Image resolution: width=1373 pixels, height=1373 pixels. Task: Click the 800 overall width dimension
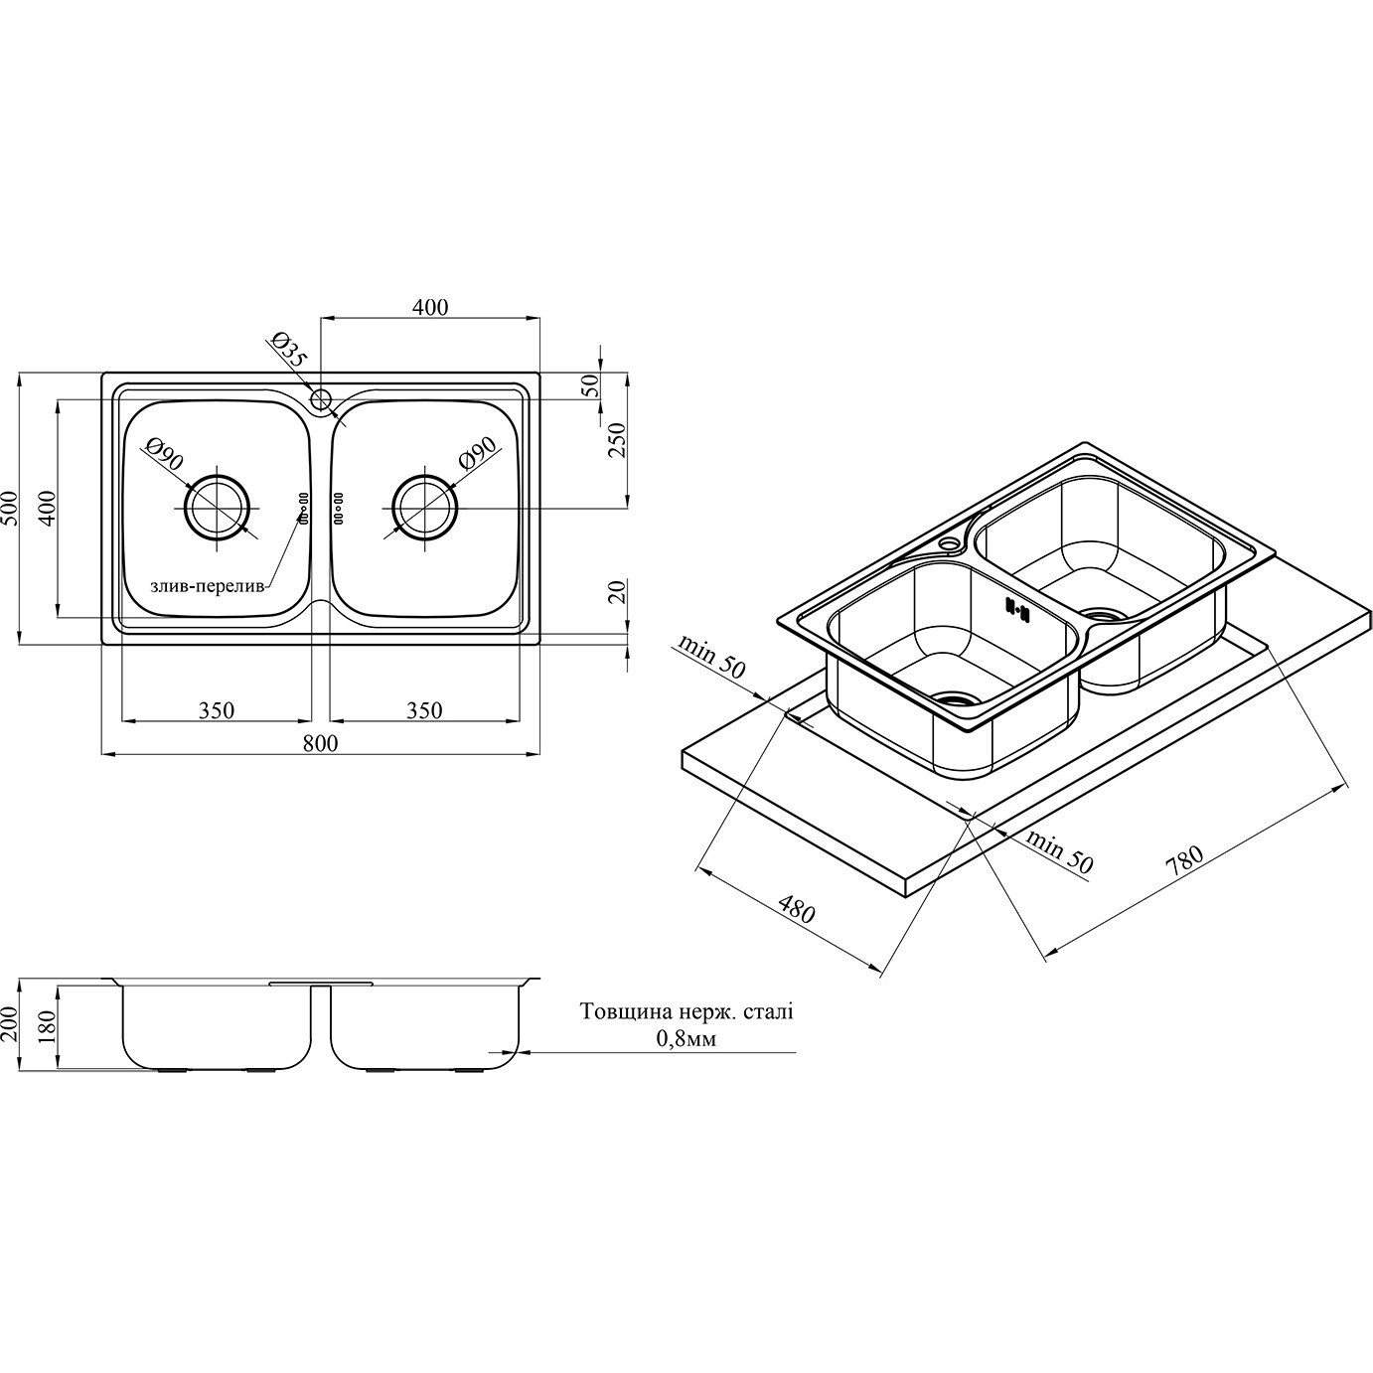[x=320, y=743]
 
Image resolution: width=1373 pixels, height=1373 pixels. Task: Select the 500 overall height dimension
[x=10, y=508]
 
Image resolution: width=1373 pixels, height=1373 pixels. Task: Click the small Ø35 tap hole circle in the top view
[x=322, y=399]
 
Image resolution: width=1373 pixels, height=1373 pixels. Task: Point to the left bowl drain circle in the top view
[x=218, y=508]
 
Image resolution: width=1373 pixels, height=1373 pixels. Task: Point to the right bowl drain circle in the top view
[x=424, y=508]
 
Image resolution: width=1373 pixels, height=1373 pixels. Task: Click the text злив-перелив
[x=208, y=586]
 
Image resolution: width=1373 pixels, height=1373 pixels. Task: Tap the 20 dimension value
[x=619, y=591]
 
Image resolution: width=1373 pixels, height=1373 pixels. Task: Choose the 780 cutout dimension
[x=1183, y=862]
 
